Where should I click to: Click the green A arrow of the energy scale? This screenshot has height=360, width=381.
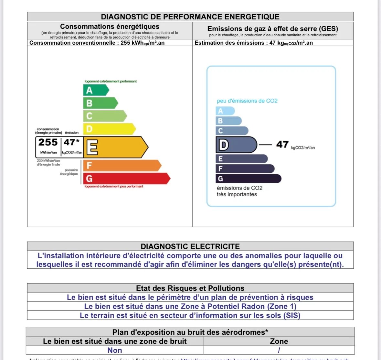[x=96, y=90]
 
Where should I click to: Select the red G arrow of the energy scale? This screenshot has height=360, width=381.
[x=126, y=179]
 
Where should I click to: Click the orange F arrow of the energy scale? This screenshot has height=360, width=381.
[x=122, y=166]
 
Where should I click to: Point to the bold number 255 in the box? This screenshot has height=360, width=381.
[x=48, y=142]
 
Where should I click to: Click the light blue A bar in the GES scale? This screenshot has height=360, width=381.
[x=225, y=111]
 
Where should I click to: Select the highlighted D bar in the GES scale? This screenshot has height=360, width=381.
[x=236, y=145]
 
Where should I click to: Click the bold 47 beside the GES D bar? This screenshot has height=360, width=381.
[x=282, y=144]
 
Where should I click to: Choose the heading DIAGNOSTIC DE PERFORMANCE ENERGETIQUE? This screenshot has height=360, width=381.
[x=190, y=17]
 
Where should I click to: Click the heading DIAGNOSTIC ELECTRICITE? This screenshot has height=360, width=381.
[x=190, y=246]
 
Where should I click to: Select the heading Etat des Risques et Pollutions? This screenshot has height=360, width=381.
[x=190, y=288]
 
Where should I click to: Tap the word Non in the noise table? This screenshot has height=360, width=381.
[x=115, y=350]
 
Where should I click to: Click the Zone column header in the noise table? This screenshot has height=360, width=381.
[x=279, y=341]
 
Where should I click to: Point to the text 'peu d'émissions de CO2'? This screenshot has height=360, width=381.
[x=247, y=101]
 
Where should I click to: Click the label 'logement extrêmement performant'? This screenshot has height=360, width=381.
[x=111, y=81]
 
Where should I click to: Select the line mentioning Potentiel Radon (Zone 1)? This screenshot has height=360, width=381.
[x=190, y=306]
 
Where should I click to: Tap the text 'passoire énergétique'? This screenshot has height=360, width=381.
[x=69, y=172]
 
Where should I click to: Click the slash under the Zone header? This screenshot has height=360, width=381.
[x=279, y=350]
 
